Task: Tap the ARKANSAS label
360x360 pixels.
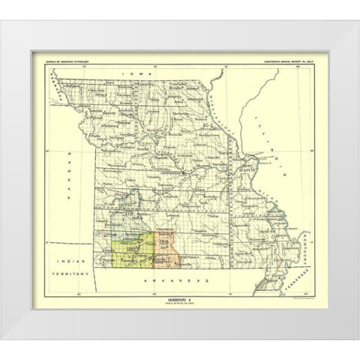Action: pos(172,279)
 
